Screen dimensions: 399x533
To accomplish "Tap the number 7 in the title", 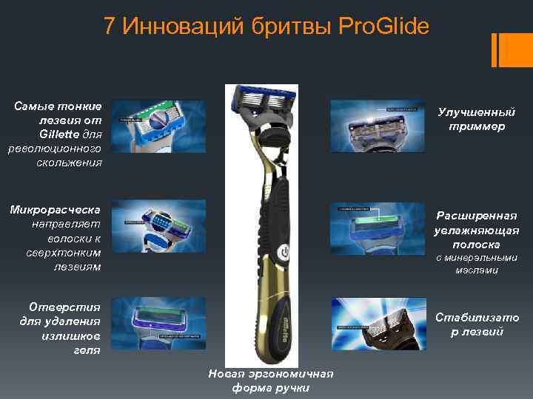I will [x=110, y=28].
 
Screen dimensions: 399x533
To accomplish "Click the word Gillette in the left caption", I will [x=61, y=134].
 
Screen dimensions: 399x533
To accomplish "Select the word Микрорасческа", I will [x=56, y=209].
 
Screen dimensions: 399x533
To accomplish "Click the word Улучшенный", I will [x=476, y=112].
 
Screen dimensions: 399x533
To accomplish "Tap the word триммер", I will [x=476, y=126].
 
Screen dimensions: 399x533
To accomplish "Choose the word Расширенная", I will [x=476, y=216].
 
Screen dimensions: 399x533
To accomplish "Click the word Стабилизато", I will [x=476, y=318].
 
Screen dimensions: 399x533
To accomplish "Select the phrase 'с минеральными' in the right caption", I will [x=476, y=258].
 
